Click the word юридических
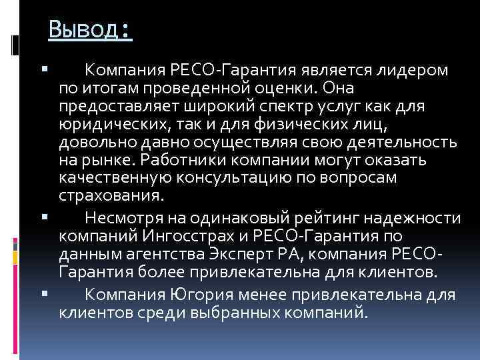coord(110,125)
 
